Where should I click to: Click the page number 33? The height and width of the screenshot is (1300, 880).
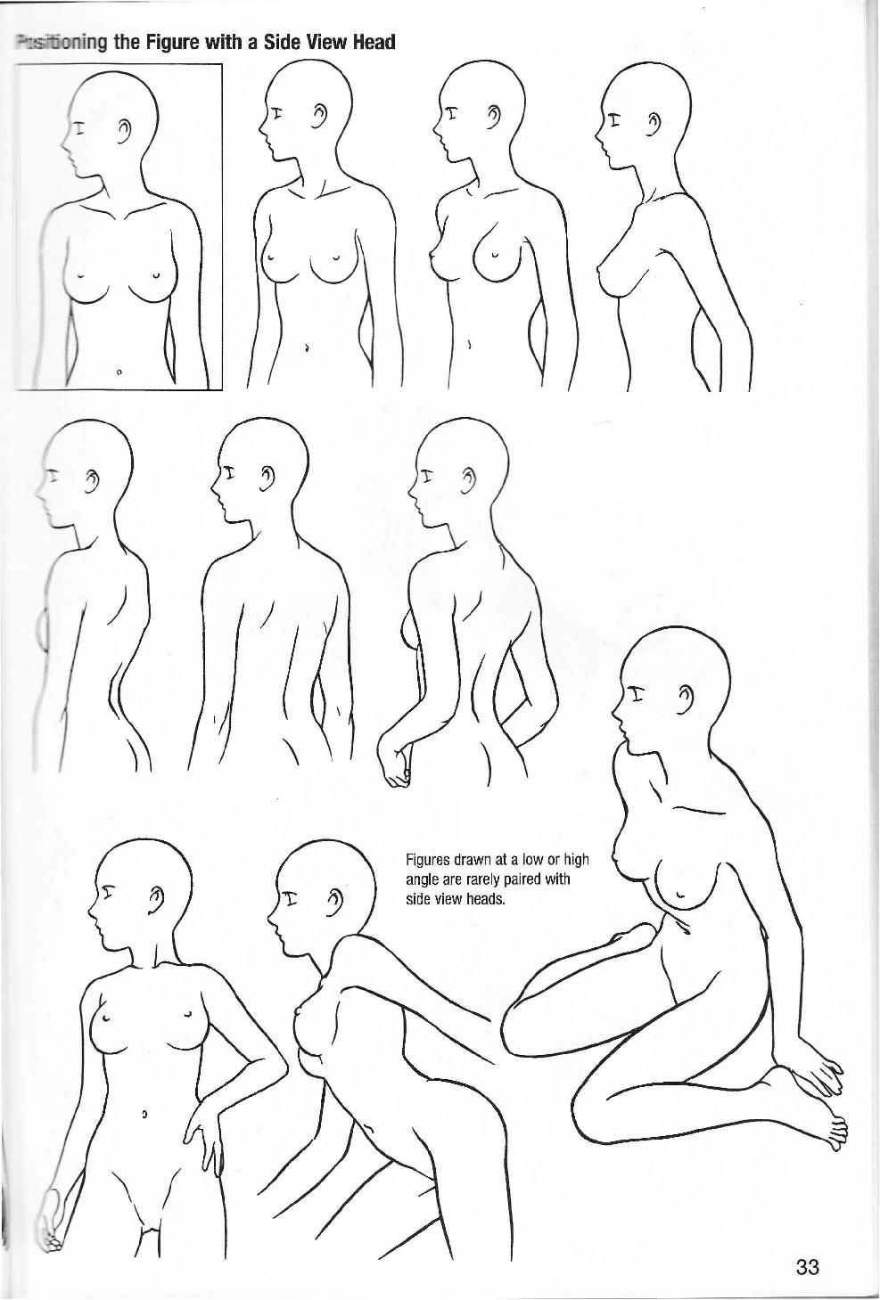click(x=807, y=1266)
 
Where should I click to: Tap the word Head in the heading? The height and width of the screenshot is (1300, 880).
click(x=374, y=42)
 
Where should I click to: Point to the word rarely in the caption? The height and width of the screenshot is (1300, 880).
click(x=476, y=879)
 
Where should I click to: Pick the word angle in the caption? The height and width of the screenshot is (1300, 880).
click(x=424, y=879)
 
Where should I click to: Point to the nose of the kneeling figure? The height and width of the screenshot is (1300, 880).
click(x=616, y=708)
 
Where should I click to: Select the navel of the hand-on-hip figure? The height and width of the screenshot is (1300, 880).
click(x=144, y=1114)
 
